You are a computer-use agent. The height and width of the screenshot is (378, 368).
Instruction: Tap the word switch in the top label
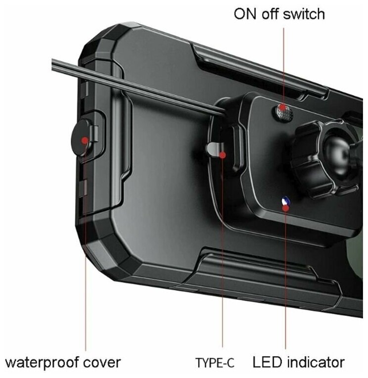point(306,13)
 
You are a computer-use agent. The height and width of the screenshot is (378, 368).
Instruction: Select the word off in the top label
point(274,13)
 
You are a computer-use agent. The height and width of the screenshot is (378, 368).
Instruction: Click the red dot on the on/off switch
point(282,107)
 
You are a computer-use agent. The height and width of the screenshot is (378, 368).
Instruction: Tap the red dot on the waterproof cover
point(85,140)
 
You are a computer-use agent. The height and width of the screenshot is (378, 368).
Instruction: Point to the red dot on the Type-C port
point(223,155)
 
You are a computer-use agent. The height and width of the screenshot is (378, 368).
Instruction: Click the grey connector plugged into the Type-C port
point(213,149)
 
